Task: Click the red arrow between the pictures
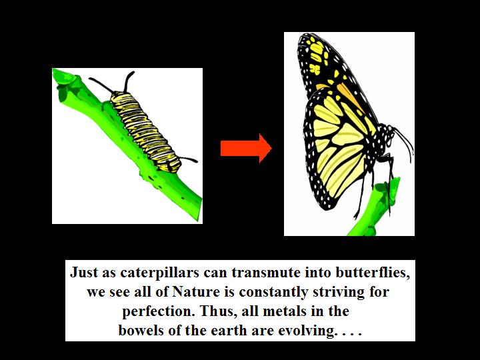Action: click(246, 148)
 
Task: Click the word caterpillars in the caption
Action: click(160, 273)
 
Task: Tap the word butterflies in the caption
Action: click(373, 273)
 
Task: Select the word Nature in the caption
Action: click(196, 292)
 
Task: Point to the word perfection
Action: click(159, 311)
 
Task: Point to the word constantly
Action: click(273, 292)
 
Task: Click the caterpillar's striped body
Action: click(145, 131)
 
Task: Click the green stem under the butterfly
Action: click(376, 208)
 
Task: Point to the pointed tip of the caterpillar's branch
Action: click(54, 71)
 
